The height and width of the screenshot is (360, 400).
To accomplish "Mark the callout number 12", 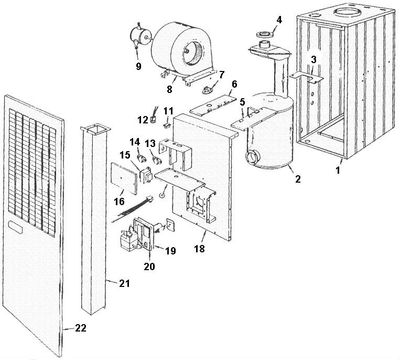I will coord(142,120).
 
